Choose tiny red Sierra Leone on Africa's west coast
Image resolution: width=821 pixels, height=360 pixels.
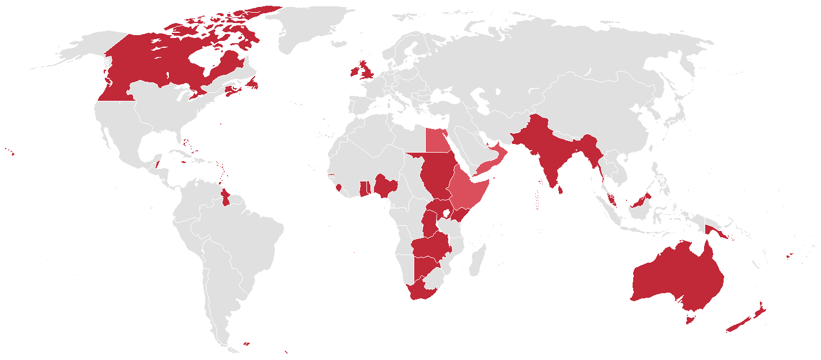click(338, 187)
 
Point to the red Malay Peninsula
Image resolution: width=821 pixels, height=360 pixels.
click(610, 199)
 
